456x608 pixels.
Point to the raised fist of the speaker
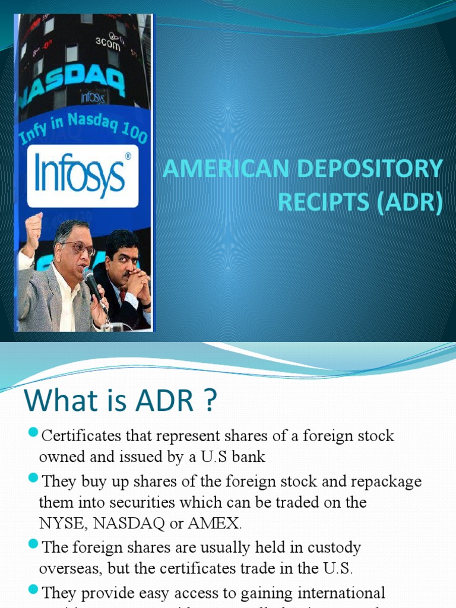click(34, 226)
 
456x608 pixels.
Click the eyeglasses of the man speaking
click(80, 247)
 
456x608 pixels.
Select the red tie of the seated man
click(122, 295)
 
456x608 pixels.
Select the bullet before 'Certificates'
click(33, 430)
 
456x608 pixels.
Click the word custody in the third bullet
click(330, 546)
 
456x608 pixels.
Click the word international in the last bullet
click(338, 592)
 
